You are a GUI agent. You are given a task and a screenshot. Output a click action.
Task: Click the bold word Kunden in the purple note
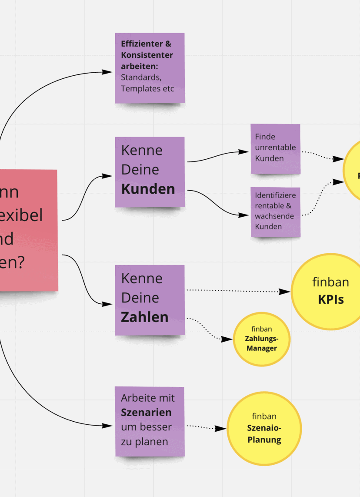(x=148, y=189)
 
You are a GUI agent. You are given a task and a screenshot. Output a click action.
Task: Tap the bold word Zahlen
(x=144, y=317)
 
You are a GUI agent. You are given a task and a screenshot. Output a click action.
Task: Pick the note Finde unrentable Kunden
(x=275, y=148)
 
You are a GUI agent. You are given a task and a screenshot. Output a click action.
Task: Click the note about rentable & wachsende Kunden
(x=275, y=212)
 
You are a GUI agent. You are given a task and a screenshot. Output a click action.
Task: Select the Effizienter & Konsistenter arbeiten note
(x=150, y=68)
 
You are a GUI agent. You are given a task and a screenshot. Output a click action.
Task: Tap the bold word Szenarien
(x=146, y=412)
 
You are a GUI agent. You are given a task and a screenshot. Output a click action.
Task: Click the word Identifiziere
(x=275, y=195)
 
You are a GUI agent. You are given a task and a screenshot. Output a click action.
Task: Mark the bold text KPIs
(x=330, y=299)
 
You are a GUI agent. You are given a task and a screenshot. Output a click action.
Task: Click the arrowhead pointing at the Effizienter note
(x=107, y=72)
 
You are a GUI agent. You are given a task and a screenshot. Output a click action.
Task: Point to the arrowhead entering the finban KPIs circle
(x=285, y=292)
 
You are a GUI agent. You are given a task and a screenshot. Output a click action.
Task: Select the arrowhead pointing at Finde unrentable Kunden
(x=245, y=152)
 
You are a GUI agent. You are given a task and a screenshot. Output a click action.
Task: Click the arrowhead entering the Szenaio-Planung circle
(x=221, y=429)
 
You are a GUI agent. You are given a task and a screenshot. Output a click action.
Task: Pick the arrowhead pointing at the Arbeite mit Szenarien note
(x=107, y=426)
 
